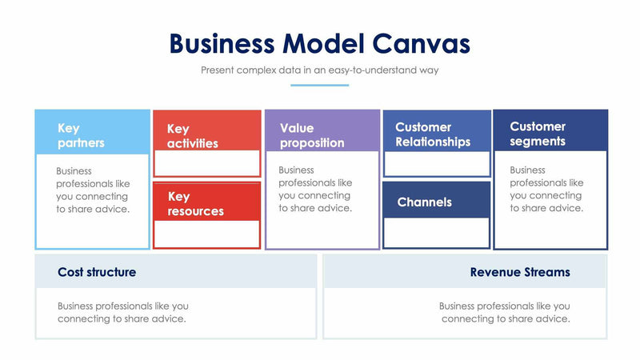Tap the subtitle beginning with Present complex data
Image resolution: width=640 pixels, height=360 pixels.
pyautogui.click(x=319, y=70)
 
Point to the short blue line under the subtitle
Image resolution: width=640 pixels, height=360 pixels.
pyautogui.click(x=319, y=85)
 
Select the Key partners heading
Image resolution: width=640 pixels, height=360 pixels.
pyautogui.click(x=81, y=135)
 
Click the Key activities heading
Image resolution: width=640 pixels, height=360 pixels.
pyautogui.click(x=192, y=136)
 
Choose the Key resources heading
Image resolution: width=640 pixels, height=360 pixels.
pyautogui.click(x=195, y=203)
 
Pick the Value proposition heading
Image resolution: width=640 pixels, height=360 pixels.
pyautogui.click(x=311, y=135)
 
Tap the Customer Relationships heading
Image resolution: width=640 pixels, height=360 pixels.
pyautogui.click(x=433, y=134)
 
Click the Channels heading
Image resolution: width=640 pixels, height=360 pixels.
pyautogui.click(x=424, y=202)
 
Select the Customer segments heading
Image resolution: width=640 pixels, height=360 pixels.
pyautogui.click(x=538, y=134)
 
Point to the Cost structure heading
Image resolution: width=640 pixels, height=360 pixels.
pyautogui.click(x=97, y=272)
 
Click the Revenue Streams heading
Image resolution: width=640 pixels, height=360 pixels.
pyautogui.click(x=520, y=272)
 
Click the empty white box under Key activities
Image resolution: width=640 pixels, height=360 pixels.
pyautogui.click(x=207, y=162)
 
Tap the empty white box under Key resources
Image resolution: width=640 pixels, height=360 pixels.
pyautogui.click(x=207, y=234)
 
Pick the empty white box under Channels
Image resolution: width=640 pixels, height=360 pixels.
pyautogui.click(x=437, y=232)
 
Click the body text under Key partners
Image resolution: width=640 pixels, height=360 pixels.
pyautogui.click(x=93, y=190)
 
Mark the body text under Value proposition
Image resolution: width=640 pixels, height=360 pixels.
pyautogui.click(x=315, y=189)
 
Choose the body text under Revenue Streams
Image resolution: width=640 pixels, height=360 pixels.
pyautogui.click(x=505, y=312)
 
